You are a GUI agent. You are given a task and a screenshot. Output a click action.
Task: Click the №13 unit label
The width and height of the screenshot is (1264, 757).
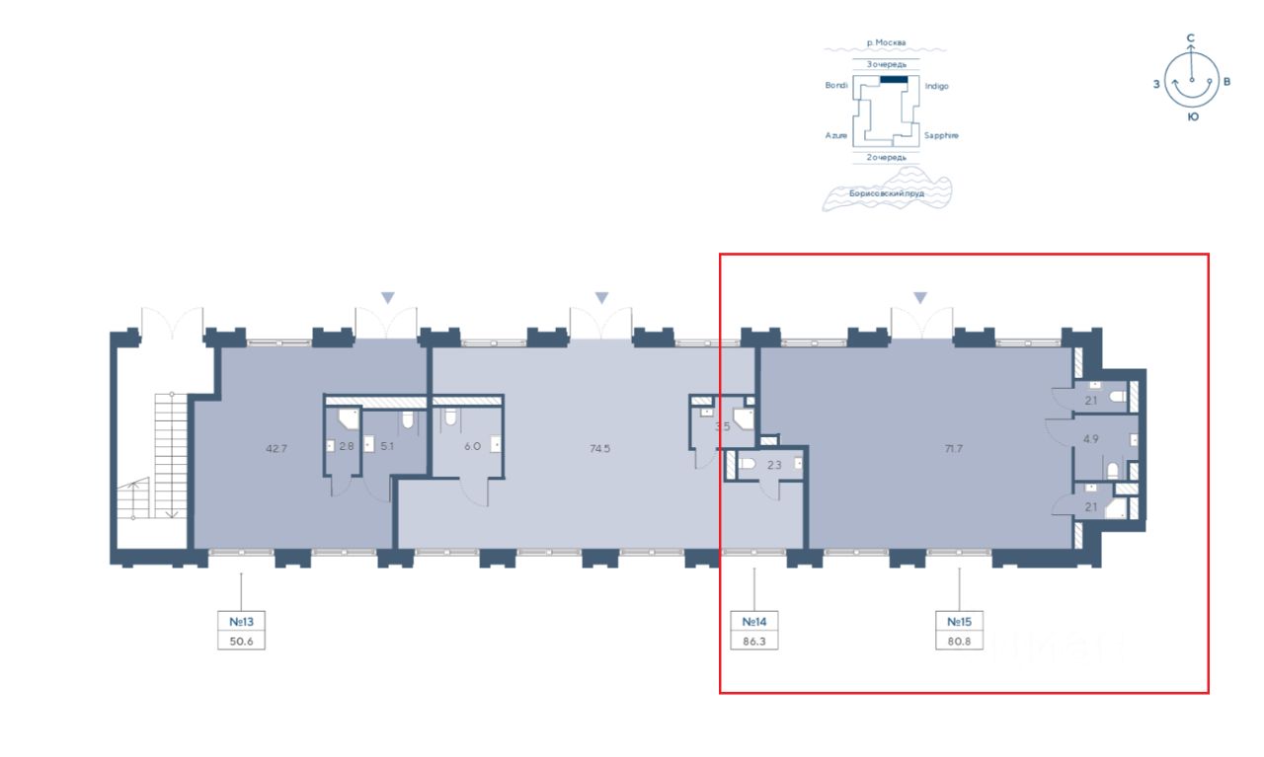pos(242,622)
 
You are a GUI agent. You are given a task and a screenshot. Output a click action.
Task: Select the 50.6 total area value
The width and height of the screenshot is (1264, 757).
pos(242,641)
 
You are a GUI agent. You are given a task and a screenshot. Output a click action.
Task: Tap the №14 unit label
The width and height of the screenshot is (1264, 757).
pos(754,622)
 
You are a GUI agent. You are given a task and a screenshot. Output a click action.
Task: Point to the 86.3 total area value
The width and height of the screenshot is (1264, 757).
pos(754,641)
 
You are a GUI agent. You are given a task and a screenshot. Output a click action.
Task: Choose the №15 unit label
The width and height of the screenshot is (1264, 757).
pos(960,622)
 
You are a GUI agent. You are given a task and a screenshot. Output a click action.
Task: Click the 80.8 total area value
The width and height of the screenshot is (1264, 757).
pos(960,641)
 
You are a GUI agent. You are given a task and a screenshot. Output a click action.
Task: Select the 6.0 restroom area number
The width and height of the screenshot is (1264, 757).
pos(473,446)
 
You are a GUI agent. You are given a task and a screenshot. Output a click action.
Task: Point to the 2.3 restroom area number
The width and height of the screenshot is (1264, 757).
pos(773,464)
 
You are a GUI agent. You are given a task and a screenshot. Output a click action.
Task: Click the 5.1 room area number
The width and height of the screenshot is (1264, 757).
pos(387,446)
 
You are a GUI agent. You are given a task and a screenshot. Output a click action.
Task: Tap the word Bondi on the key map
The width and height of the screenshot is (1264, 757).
pos(836,86)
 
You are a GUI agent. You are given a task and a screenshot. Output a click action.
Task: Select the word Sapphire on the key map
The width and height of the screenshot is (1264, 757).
pos(941,135)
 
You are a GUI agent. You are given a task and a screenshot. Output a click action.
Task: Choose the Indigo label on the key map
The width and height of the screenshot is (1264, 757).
pos(936,86)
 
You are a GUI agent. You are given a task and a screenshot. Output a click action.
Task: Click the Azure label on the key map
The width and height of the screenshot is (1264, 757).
pos(836,135)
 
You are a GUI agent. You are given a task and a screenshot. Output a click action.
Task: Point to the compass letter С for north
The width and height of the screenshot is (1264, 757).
pos(1191,38)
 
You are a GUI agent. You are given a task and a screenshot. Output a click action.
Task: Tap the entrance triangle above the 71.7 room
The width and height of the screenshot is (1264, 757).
pos(920,297)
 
